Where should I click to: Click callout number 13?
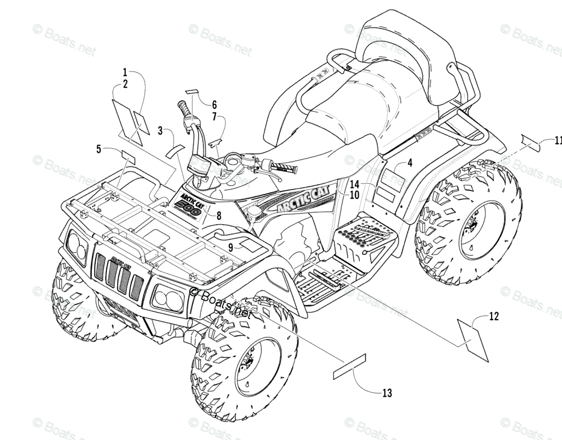click(387, 393)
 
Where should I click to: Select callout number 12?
click(494, 316)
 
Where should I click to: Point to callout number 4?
click(410, 164)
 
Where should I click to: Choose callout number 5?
click(98, 149)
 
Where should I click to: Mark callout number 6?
click(214, 104)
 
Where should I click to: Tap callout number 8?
click(219, 215)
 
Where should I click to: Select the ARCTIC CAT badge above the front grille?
click(120, 261)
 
